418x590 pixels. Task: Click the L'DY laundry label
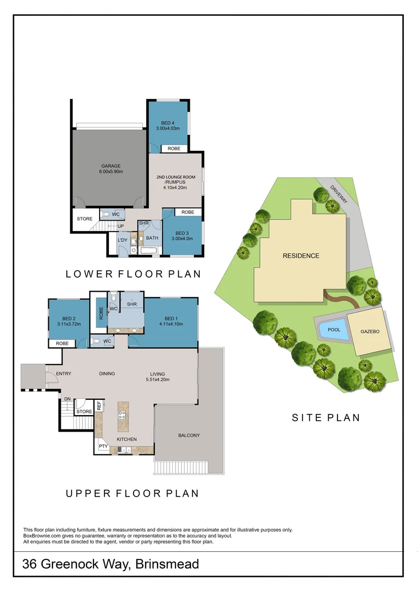(123, 240)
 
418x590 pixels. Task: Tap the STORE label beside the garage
(85, 219)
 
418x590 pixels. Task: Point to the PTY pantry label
(103, 446)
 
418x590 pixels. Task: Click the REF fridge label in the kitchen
(99, 406)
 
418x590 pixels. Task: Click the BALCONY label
(189, 435)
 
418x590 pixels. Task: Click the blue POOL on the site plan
(334, 330)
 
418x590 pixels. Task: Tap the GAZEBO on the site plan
(370, 332)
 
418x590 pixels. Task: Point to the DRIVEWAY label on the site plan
(339, 194)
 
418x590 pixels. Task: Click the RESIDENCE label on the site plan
(300, 256)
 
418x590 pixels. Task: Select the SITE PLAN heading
(326, 418)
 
